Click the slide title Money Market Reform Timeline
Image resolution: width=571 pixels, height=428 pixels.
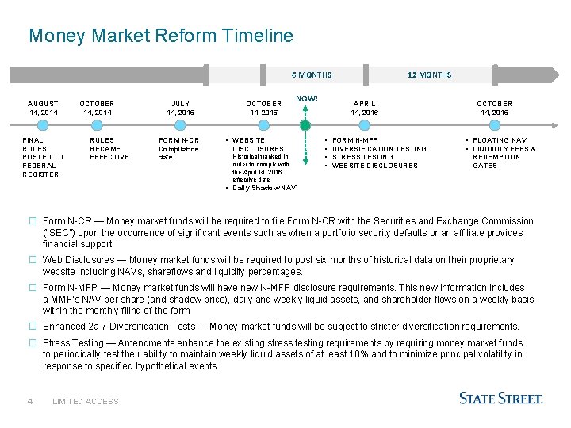[x=160, y=36]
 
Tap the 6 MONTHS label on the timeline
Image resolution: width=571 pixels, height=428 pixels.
[x=312, y=75]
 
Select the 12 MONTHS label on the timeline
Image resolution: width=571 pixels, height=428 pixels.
[x=429, y=75]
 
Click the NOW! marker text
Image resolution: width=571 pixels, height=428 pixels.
[x=307, y=98]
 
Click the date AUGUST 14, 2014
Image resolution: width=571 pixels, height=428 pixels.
[x=43, y=108]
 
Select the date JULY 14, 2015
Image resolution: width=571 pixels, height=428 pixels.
[x=181, y=108]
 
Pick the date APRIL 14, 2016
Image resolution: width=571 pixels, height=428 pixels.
[x=365, y=108]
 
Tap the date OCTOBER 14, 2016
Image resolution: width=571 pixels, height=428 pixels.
[x=494, y=108]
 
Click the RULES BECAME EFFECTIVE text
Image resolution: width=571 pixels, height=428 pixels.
[x=109, y=149]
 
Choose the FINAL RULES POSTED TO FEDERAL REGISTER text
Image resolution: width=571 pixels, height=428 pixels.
[x=42, y=157]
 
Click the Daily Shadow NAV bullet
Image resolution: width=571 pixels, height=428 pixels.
[x=264, y=188]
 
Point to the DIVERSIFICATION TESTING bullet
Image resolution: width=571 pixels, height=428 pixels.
[x=379, y=149]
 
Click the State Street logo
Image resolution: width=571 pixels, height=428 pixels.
[x=500, y=399]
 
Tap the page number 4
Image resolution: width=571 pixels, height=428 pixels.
[x=29, y=401]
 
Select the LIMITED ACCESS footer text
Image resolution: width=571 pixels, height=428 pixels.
[x=85, y=402]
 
